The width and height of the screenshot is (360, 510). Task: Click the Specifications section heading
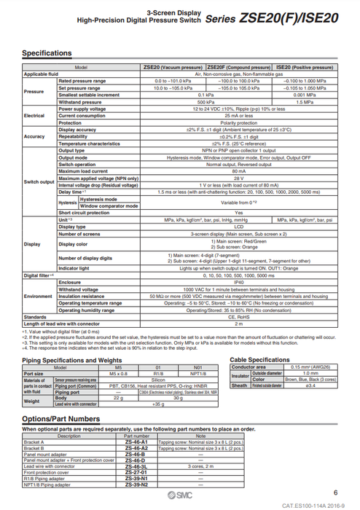[x=47, y=53]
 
